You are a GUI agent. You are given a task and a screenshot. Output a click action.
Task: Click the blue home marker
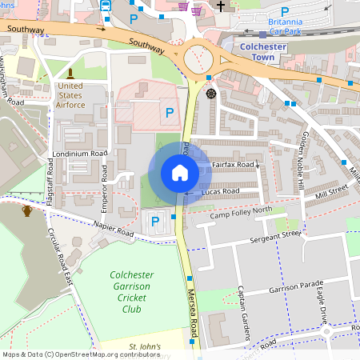click(x=180, y=173)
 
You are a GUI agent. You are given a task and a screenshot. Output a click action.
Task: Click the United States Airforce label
click(x=70, y=94)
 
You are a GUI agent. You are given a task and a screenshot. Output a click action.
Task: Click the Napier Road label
click(x=112, y=230)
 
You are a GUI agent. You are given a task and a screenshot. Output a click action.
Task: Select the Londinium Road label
click(x=79, y=154)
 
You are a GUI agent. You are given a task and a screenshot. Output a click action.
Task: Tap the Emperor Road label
click(x=104, y=190)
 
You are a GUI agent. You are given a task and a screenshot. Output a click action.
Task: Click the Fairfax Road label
click(x=234, y=165)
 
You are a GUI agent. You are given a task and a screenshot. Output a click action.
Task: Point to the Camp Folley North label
click(x=241, y=214)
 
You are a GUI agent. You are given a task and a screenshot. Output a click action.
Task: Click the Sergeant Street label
click(x=274, y=235)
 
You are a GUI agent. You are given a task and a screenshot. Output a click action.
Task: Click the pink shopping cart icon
click(x=183, y=7)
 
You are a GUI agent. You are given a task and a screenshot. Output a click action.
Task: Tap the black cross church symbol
click(x=221, y=6)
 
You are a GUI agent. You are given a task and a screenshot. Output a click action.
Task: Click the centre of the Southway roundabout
click(x=198, y=58)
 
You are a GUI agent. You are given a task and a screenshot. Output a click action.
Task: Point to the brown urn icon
click(x=27, y=210)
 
